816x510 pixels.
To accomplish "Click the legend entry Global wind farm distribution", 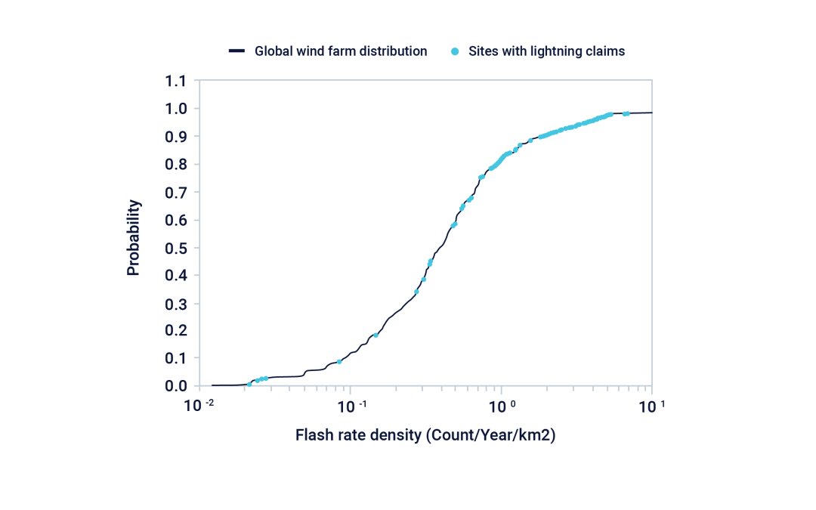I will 341,51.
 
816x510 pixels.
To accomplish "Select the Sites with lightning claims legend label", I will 546,51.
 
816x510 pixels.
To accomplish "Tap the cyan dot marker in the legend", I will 455,51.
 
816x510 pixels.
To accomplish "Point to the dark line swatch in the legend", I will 236,51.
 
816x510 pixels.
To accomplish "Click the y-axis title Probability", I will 134,237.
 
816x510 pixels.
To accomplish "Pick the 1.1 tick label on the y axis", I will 176,81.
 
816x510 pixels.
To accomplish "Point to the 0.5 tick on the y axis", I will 176,248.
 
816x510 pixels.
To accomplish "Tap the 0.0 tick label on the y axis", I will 176,386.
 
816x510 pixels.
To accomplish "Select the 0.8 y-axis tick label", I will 176,164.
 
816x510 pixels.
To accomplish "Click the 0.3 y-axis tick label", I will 176,303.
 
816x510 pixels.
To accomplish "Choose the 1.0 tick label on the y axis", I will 176,109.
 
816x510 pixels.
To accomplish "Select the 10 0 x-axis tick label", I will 501,406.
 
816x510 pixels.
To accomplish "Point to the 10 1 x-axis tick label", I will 652,406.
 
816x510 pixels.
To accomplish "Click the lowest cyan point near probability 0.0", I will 249,384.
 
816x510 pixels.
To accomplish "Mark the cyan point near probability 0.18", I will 376,335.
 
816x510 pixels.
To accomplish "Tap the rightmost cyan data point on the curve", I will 626,113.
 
